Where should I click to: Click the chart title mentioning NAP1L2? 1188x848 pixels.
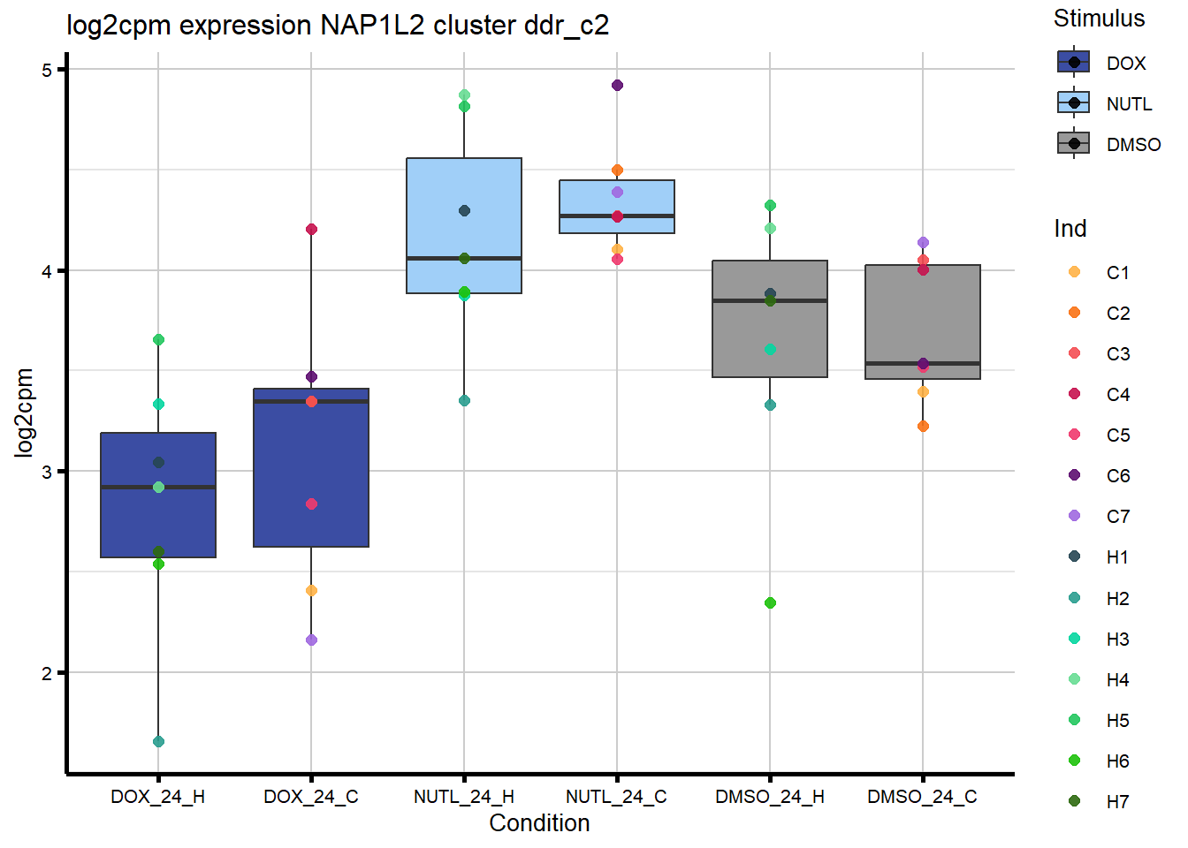(338, 25)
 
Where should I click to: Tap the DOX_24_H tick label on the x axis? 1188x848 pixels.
(157, 797)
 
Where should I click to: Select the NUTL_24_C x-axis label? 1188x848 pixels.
(616, 797)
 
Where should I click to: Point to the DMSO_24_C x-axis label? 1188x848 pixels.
(922, 797)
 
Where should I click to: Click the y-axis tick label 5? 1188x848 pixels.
(47, 70)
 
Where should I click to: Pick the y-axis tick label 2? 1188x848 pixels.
(47, 673)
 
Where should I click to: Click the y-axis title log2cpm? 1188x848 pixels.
(24, 413)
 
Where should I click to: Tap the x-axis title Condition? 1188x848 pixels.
(539, 823)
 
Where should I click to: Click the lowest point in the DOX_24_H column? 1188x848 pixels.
(158, 741)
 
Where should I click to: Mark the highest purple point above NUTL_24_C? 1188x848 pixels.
(617, 86)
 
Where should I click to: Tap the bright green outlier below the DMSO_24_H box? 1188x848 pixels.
(770, 602)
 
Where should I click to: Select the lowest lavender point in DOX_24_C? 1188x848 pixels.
(311, 640)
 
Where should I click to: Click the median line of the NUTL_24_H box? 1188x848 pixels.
(464, 258)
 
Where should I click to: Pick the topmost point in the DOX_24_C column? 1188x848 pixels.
(311, 230)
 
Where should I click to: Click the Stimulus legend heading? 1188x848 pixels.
(1099, 19)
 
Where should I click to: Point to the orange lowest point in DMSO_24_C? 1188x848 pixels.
(923, 426)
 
